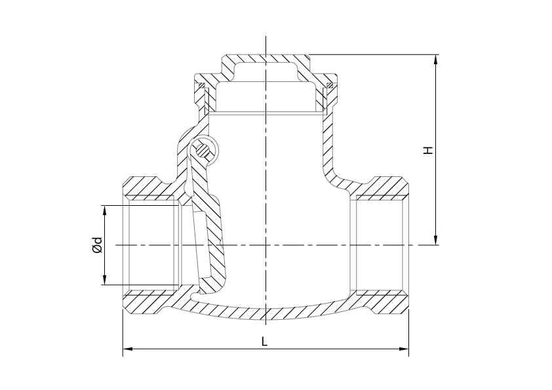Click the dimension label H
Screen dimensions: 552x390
coord(427,150)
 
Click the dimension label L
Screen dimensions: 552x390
coord(264,341)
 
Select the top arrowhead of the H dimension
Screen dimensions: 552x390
coord(436,60)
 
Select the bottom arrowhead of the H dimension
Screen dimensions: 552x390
coord(436,240)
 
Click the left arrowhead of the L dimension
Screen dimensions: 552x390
coord(127,349)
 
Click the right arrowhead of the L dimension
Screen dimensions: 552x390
coord(404,349)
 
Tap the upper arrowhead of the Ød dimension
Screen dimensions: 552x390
coord(104,210)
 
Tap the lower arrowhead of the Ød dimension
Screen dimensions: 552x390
coord(104,279)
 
